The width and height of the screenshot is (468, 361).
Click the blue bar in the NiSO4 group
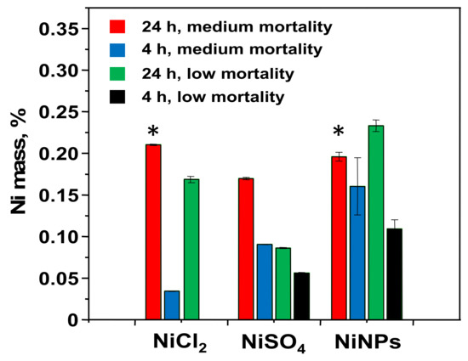coord(264,282)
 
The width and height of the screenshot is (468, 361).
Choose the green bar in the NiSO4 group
coord(283,284)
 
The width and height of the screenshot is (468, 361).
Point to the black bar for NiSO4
coord(302,296)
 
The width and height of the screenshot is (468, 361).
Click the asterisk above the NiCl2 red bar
coord(153,133)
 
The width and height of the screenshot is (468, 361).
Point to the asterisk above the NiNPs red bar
coord(339,133)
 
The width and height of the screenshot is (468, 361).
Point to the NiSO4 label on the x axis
coord(265,341)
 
